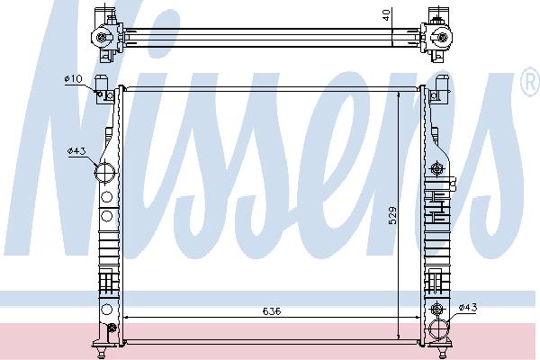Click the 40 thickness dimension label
pos(386,14)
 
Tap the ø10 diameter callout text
pos(74,78)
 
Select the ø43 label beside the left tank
pos(76,151)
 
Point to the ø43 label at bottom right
pos(468,307)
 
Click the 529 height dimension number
pos(392,215)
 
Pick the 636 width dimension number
pos(272,311)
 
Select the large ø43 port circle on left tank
pos(104,172)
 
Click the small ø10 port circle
pos(100,94)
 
